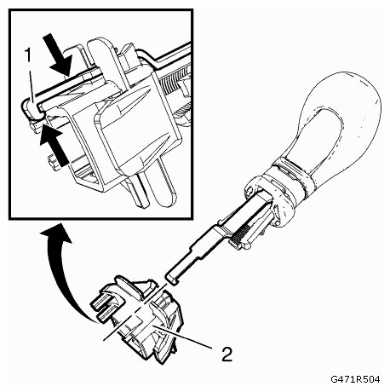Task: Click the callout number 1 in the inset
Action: [x=28, y=55]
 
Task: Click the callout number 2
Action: [x=227, y=354]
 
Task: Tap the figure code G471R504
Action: [x=355, y=379]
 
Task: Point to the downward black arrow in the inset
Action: [x=59, y=55]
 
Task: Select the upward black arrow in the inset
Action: [x=54, y=147]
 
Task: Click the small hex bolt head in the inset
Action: [x=54, y=162]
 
